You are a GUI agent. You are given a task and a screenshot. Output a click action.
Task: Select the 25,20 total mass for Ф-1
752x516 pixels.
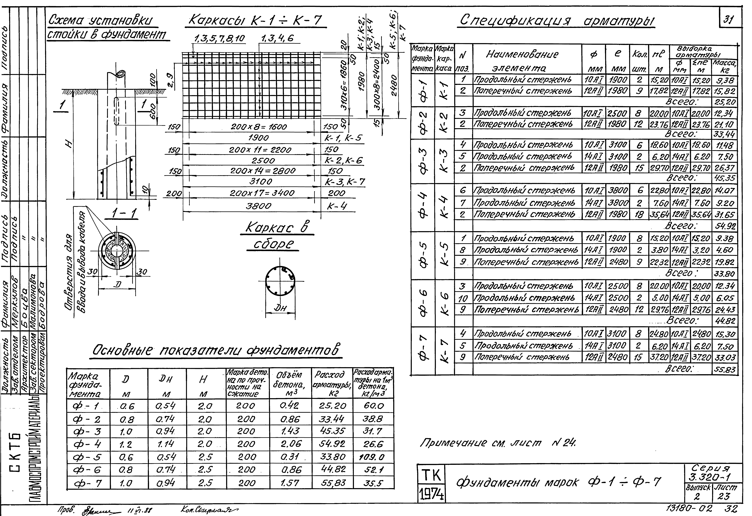[x=724, y=102]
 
